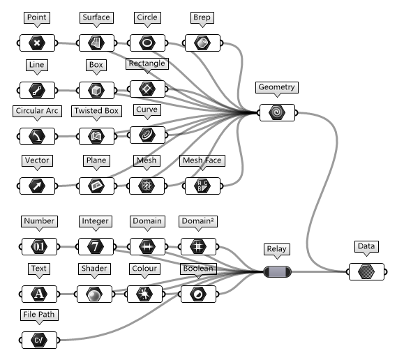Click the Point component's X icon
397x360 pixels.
(x=37, y=43)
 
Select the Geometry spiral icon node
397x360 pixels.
(x=277, y=112)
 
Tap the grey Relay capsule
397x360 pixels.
(x=277, y=271)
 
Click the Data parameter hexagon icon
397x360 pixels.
(x=366, y=271)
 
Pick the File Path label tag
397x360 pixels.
(x=39, y=315)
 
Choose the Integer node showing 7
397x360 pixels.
(x=96, y=246)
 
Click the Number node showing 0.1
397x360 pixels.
(x=39, y=246)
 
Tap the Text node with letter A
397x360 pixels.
(x=39, y=294)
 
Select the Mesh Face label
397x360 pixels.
(x=202, y=160)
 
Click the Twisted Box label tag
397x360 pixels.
(x=96, y=111)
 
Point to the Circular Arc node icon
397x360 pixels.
(x=37, y=136)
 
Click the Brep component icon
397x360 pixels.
(x=202, y=43)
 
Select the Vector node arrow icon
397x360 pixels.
(x=37, y=186)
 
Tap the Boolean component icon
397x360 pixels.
(x=198, y=294)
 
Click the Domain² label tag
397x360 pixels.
(x=198, y=221)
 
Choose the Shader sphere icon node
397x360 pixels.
(x=94, y=294)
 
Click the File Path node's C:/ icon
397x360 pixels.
(x=39, y=340)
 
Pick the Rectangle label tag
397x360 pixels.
(x=147, y=63)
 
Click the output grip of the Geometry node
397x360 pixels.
(x=297, y=112)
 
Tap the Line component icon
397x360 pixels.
(x=37, y=90)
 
